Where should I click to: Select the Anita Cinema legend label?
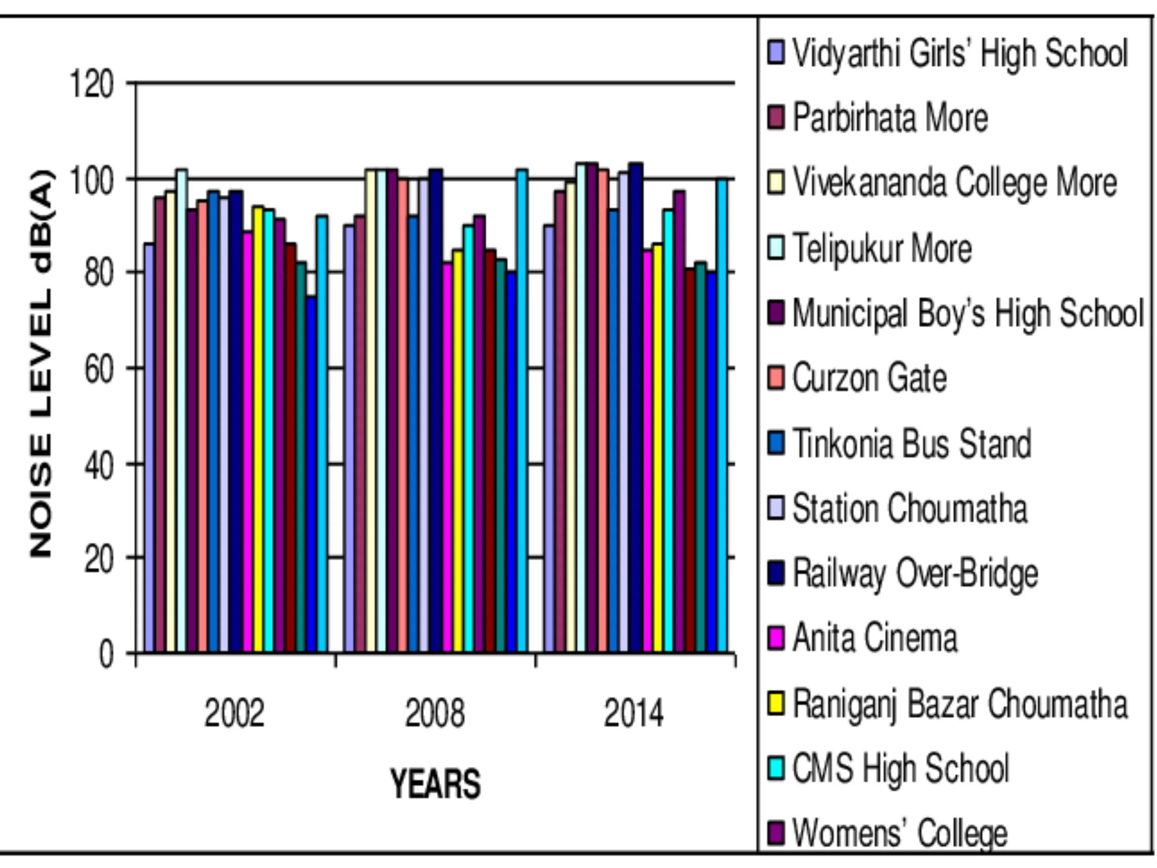click(875, 638)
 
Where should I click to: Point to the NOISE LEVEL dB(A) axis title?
click(42, 363)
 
